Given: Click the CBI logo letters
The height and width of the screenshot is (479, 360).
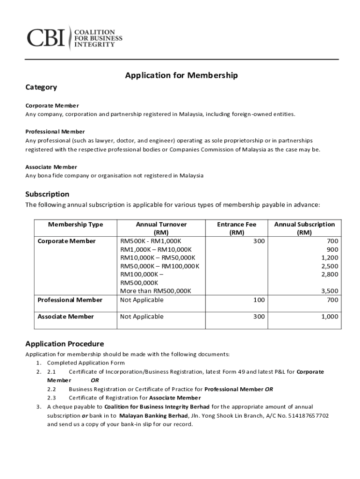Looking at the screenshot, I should click(46, 37).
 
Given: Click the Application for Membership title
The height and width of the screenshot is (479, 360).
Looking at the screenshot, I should click(181, 75).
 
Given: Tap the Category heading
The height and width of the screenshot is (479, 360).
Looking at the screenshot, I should click(41, 87).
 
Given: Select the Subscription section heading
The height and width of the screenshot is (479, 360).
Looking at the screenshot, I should click(47, 194).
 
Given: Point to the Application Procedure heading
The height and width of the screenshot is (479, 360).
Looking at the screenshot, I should click(65, 344).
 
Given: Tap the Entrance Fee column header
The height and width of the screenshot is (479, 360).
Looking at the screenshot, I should click(237, 228).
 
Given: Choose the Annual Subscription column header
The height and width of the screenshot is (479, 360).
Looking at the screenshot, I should click(304, 228).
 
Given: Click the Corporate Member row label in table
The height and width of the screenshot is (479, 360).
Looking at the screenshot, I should click(66, 241).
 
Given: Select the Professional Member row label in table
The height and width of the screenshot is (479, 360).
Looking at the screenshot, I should click(70, 300).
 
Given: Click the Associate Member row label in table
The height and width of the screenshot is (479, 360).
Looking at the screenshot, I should click(65, 317).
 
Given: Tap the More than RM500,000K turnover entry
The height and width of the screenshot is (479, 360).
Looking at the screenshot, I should click(156, 291).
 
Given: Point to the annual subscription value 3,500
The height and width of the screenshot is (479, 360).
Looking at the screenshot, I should click(329, 291).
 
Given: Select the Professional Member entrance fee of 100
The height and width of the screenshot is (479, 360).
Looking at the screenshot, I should click(259, 300).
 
